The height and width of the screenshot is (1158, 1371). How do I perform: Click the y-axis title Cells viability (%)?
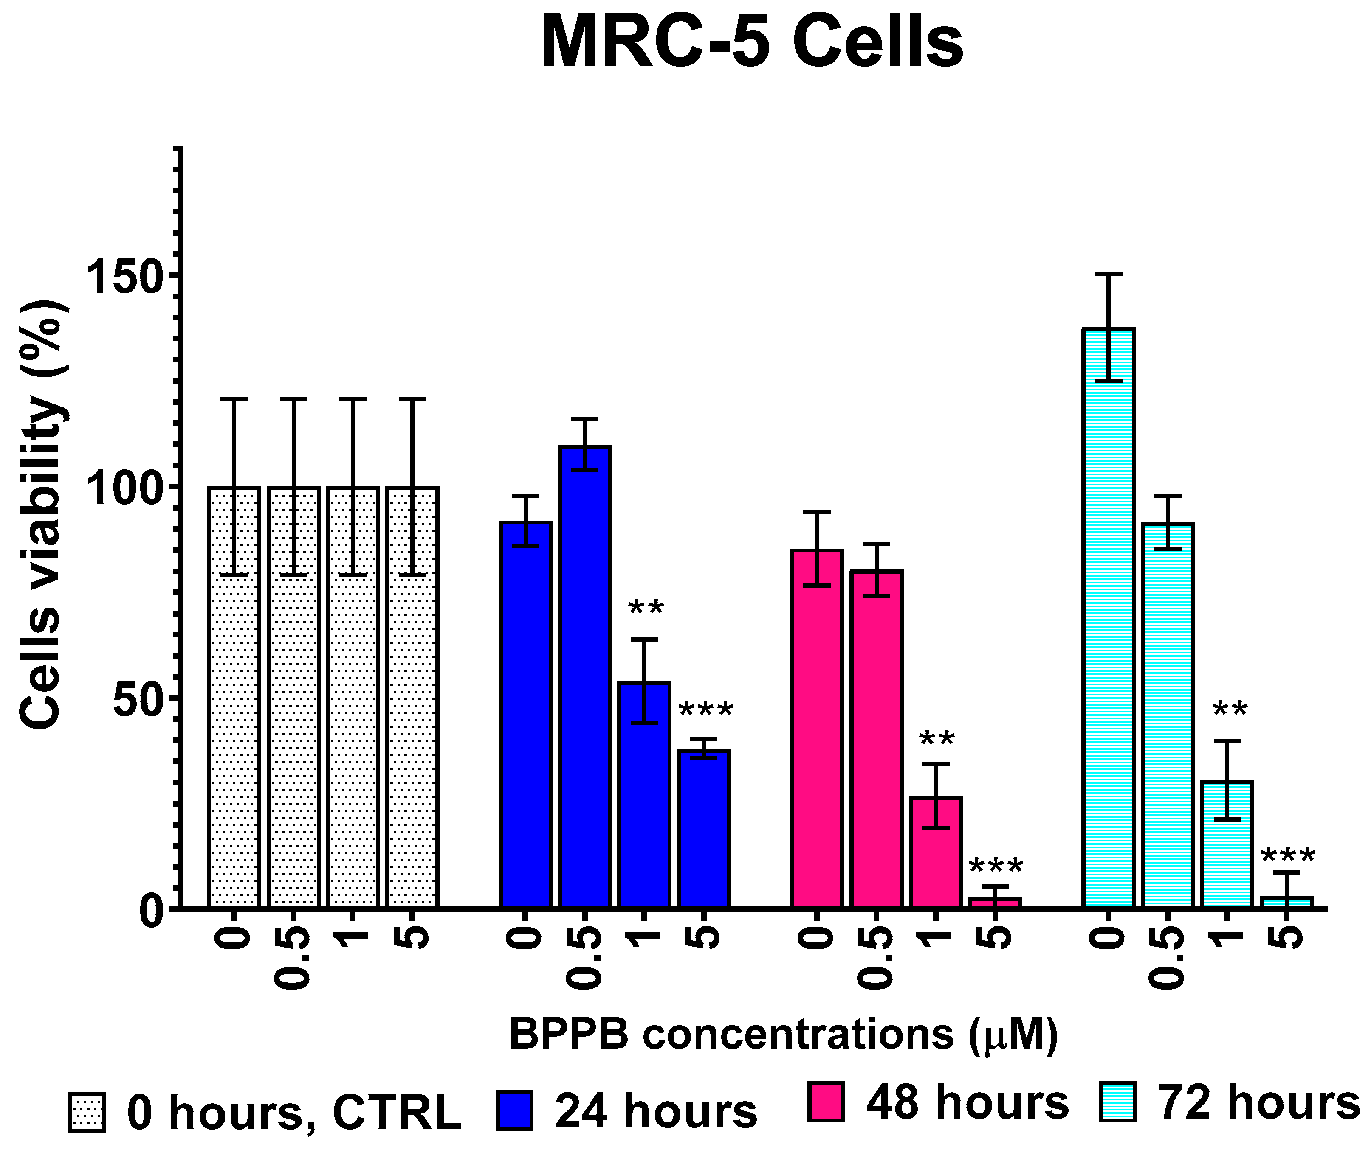[41, 515]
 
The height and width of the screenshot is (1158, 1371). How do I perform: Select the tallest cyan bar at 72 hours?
[1109, 617]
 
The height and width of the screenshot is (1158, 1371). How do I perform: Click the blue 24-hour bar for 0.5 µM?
[585, 676]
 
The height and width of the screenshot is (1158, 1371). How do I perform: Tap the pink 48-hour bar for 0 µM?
[817, 729]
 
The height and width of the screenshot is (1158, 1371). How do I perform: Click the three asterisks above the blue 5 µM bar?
[705, 711]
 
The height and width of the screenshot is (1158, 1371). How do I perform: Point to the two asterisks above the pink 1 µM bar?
[937, 740]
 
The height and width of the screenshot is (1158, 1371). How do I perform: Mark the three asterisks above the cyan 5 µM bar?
[1288, 857]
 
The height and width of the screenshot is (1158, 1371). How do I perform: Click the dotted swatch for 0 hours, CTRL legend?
[87, 1112]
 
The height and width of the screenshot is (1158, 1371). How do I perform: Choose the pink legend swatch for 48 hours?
[826, 1102]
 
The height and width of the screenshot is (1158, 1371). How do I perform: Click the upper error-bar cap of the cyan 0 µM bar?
[1109, 274]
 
